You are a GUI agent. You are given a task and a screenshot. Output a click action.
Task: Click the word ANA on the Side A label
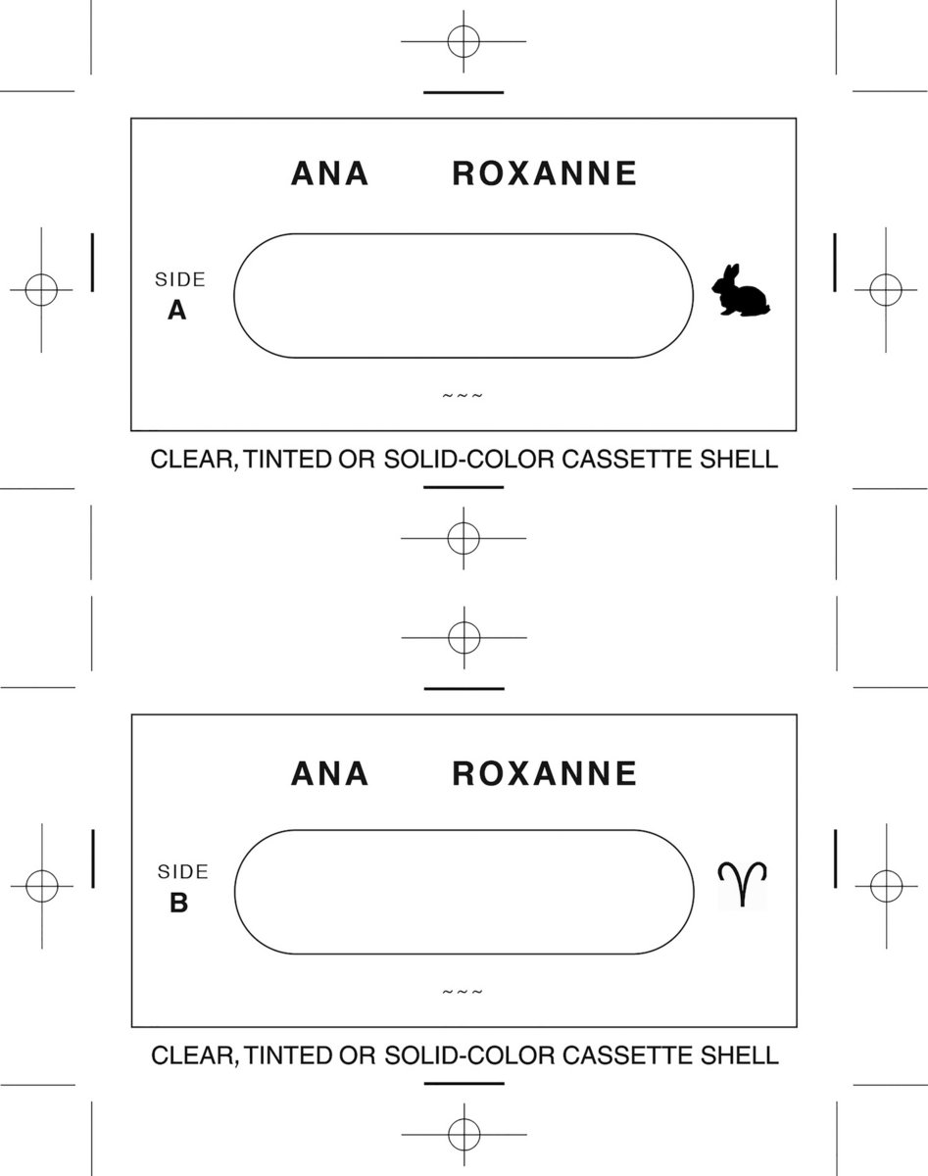pyautogui.click(x=330, y=173)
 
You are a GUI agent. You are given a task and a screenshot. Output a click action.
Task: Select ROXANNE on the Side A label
pyautogui.click(x=544, y=173)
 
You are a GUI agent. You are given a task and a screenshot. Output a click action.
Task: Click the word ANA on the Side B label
pyautogui.click(x=330, y=774)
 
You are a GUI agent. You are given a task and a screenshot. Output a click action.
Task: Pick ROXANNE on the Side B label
pyautogui.click(x=544, y=774)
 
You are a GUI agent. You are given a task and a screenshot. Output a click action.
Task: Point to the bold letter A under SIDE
pyautogui.click(x=176, y=311)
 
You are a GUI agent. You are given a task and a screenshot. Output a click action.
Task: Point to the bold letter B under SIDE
pyautogui.click(x=178, y=903)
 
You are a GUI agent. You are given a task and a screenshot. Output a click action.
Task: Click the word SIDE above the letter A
pyautogui.click(x=180, y=279)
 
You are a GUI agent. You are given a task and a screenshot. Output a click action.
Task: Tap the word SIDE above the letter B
pyautogui.click(x=183, y=871)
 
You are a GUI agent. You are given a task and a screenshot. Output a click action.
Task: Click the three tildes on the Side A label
pyautogui.click(x=463, y=396)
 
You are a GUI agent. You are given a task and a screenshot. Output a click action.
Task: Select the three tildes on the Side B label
pyautogui.click(x=463, y=992)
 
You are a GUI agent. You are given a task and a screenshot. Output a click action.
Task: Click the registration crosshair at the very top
pyautogui.click(x=463, y=42)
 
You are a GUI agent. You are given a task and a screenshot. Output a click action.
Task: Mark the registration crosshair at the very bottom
pyautogui.click(x=463, y=1134)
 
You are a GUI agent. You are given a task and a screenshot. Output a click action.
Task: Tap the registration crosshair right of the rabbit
pyautogui.click(x=885, y=290)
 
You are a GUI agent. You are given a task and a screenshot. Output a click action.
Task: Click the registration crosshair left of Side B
pyautogui.click(x=42, y=886)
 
